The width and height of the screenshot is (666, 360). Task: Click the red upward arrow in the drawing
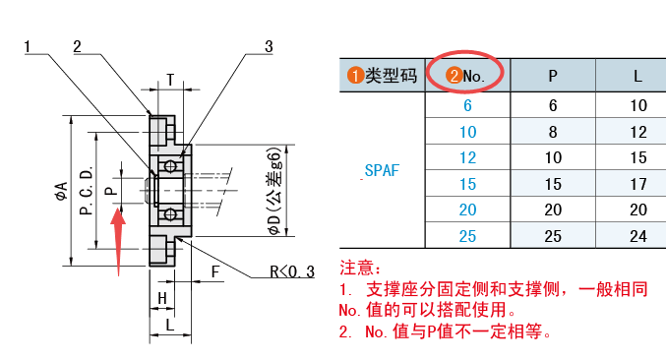click(118, 241)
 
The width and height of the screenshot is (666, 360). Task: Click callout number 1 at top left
click(28, 46)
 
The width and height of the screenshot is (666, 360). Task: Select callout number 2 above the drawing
click(77, 46)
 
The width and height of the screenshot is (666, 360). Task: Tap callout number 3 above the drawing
click(269, 46)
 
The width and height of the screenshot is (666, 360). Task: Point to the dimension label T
click(170, 80)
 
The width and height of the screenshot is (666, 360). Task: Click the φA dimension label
click(62, 191)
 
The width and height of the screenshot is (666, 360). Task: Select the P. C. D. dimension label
click(87, 191)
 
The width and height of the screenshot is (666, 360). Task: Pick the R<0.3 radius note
click(292, 271)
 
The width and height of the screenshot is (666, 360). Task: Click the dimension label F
click(215, 271)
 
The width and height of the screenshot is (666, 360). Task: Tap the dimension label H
click(162, 298)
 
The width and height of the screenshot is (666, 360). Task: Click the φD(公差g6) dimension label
click(274, 191)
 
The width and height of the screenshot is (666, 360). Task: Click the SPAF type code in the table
click(382, 171)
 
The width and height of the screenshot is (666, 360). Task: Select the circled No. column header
click(465, 76)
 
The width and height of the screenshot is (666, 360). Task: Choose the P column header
click(553, 76)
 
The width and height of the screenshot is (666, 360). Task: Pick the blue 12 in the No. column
click(467, 158)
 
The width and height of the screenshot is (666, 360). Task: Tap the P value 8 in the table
click(553, 132)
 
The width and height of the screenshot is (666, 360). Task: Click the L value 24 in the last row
click(638, 236)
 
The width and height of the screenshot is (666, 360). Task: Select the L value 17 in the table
click(638, 184)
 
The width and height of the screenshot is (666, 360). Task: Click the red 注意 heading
click(361, 269)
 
